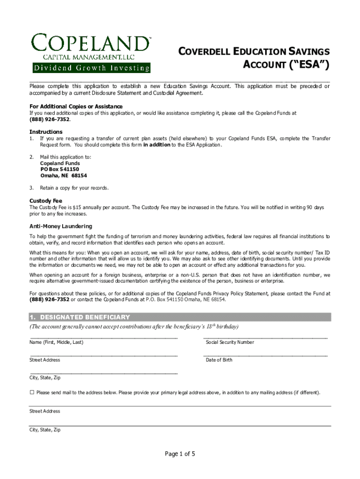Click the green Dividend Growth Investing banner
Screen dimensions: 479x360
91,68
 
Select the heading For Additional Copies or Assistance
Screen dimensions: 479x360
76,106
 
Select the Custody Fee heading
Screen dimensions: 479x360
46,201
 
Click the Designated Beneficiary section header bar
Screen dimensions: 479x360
180,317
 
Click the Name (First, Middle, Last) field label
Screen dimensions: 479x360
56,342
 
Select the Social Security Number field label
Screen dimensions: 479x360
230,342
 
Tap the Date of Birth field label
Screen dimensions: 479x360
219,360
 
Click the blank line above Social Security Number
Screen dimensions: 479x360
265,337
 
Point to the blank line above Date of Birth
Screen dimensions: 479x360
265,355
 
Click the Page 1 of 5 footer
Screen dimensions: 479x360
180,454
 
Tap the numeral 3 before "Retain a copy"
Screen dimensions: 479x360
31,188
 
